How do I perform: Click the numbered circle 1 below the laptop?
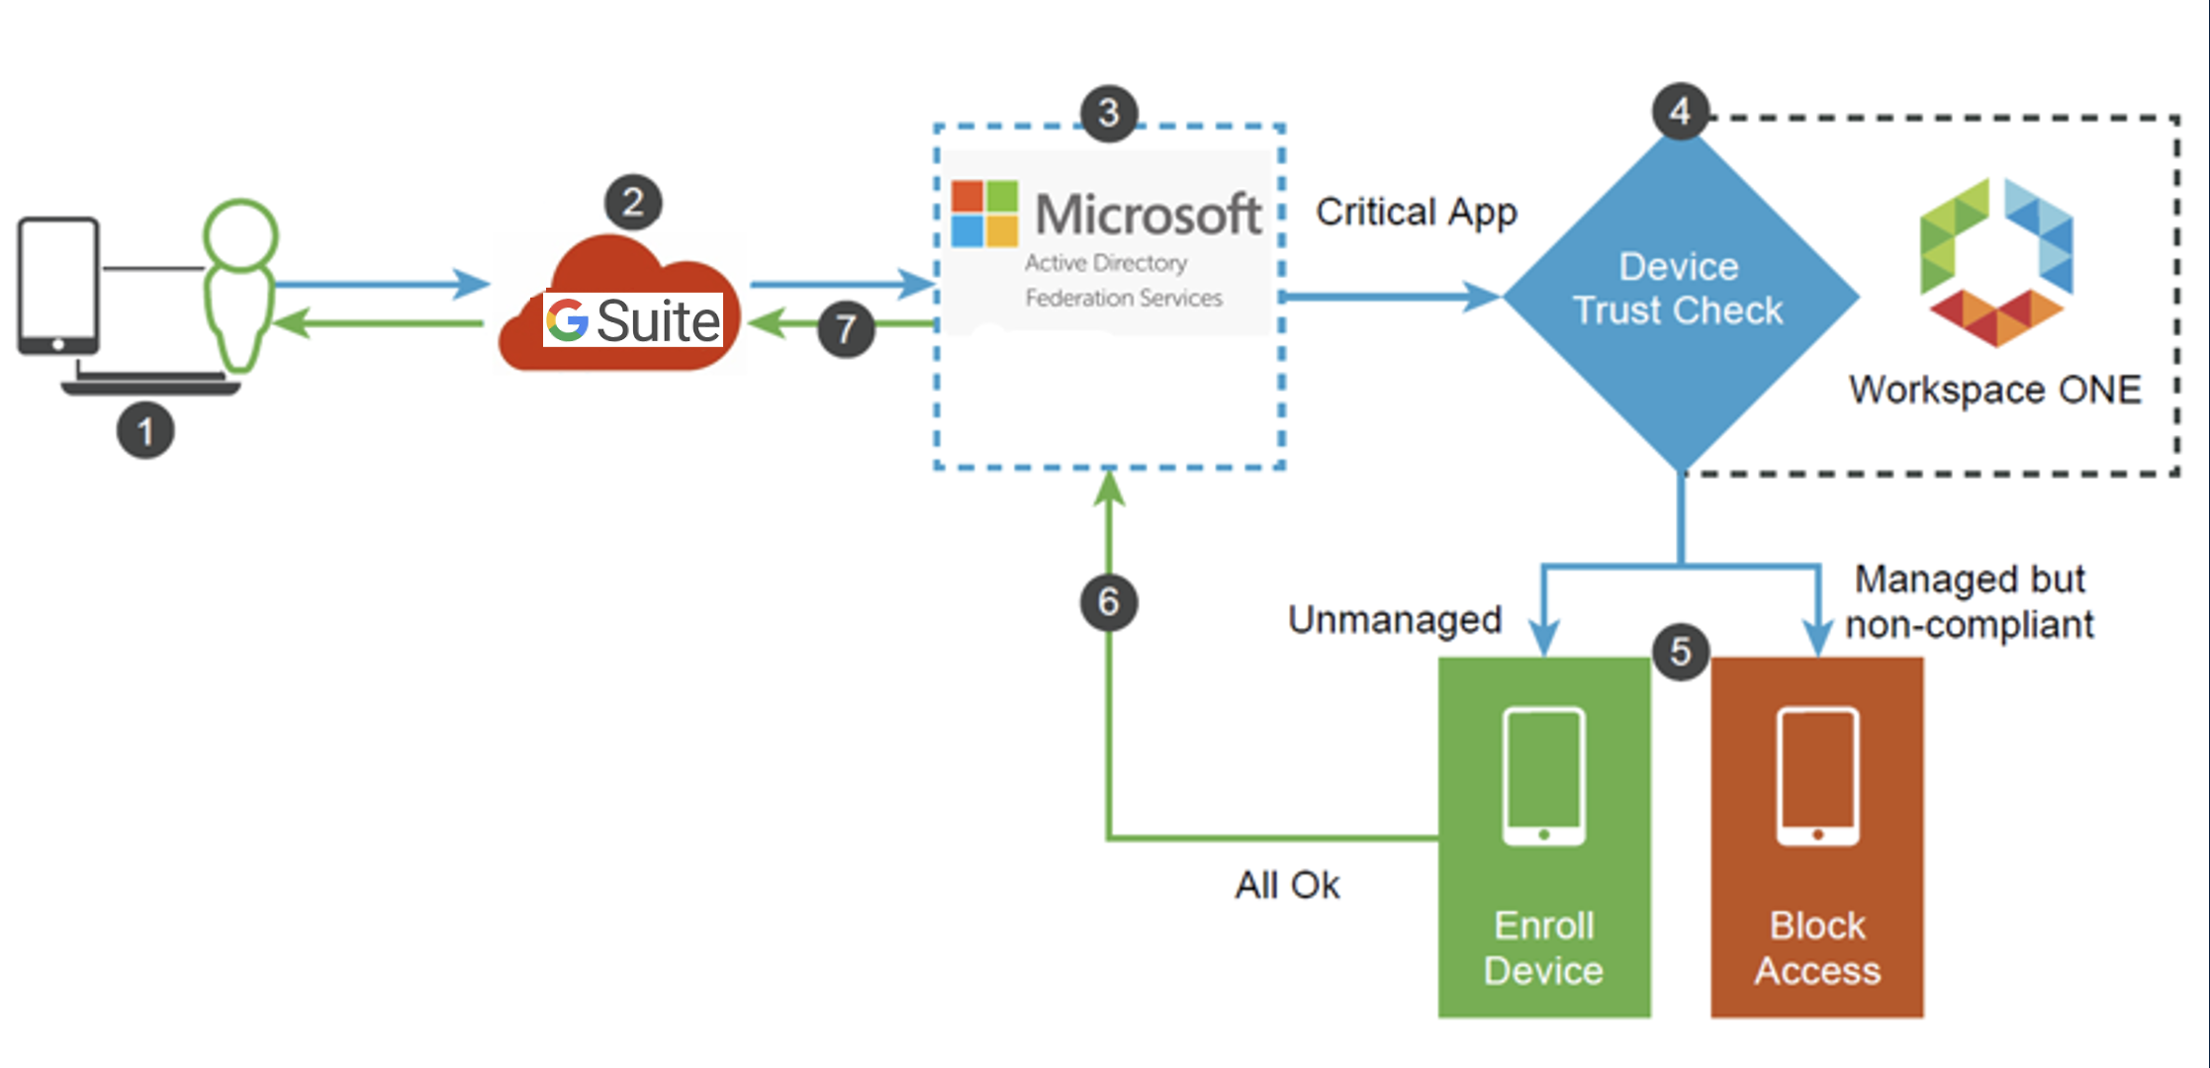tap(145, 430)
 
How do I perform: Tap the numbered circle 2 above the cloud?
tap(633, 202)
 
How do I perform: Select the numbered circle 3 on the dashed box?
tap(1109, 113)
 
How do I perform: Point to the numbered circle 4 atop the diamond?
tap(1681, 111)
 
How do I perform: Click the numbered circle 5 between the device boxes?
tap(1681, 652)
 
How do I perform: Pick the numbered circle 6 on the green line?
tap(1109, 602)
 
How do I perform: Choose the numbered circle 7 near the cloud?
tap(846, 328)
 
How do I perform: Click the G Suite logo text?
tap(633, 320)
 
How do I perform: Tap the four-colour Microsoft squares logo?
tap(984, 213)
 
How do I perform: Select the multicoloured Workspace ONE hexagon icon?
tap(1996, 262)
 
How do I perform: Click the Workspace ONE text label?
tap(1994, 390)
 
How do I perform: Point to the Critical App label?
tap(1416, 212)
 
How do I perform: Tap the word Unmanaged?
tap(1394, 620)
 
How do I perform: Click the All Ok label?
tap(1287, 885)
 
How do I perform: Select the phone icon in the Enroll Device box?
tap(1543, 776)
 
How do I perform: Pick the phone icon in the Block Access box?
tap(1817, 776)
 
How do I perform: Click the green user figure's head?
tap(240, 234)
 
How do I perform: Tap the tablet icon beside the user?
tap(58, 285)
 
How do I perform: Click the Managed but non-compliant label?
tap(1969, 601)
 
